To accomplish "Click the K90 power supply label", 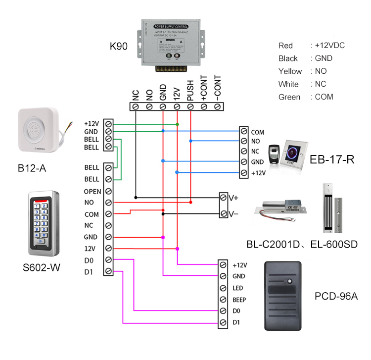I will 119,47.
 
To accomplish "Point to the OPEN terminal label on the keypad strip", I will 93,191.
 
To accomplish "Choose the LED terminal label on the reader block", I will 237,288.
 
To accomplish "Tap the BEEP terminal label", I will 239,300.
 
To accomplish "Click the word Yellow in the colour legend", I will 290,71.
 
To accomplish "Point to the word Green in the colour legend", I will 289,97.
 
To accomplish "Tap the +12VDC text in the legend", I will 330,46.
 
